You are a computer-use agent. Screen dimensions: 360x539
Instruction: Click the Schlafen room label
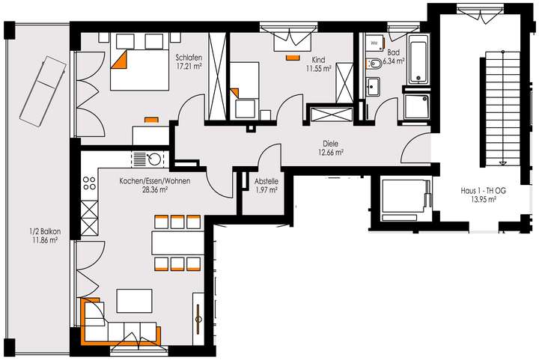pos(186,62)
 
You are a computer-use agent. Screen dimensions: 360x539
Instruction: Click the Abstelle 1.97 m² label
pos(267,184)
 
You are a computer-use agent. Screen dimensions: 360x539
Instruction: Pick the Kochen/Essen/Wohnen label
pos(154,185)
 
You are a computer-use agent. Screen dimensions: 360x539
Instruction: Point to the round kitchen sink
pos(156,159)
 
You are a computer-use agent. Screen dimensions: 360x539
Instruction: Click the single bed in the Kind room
pos(247,92)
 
